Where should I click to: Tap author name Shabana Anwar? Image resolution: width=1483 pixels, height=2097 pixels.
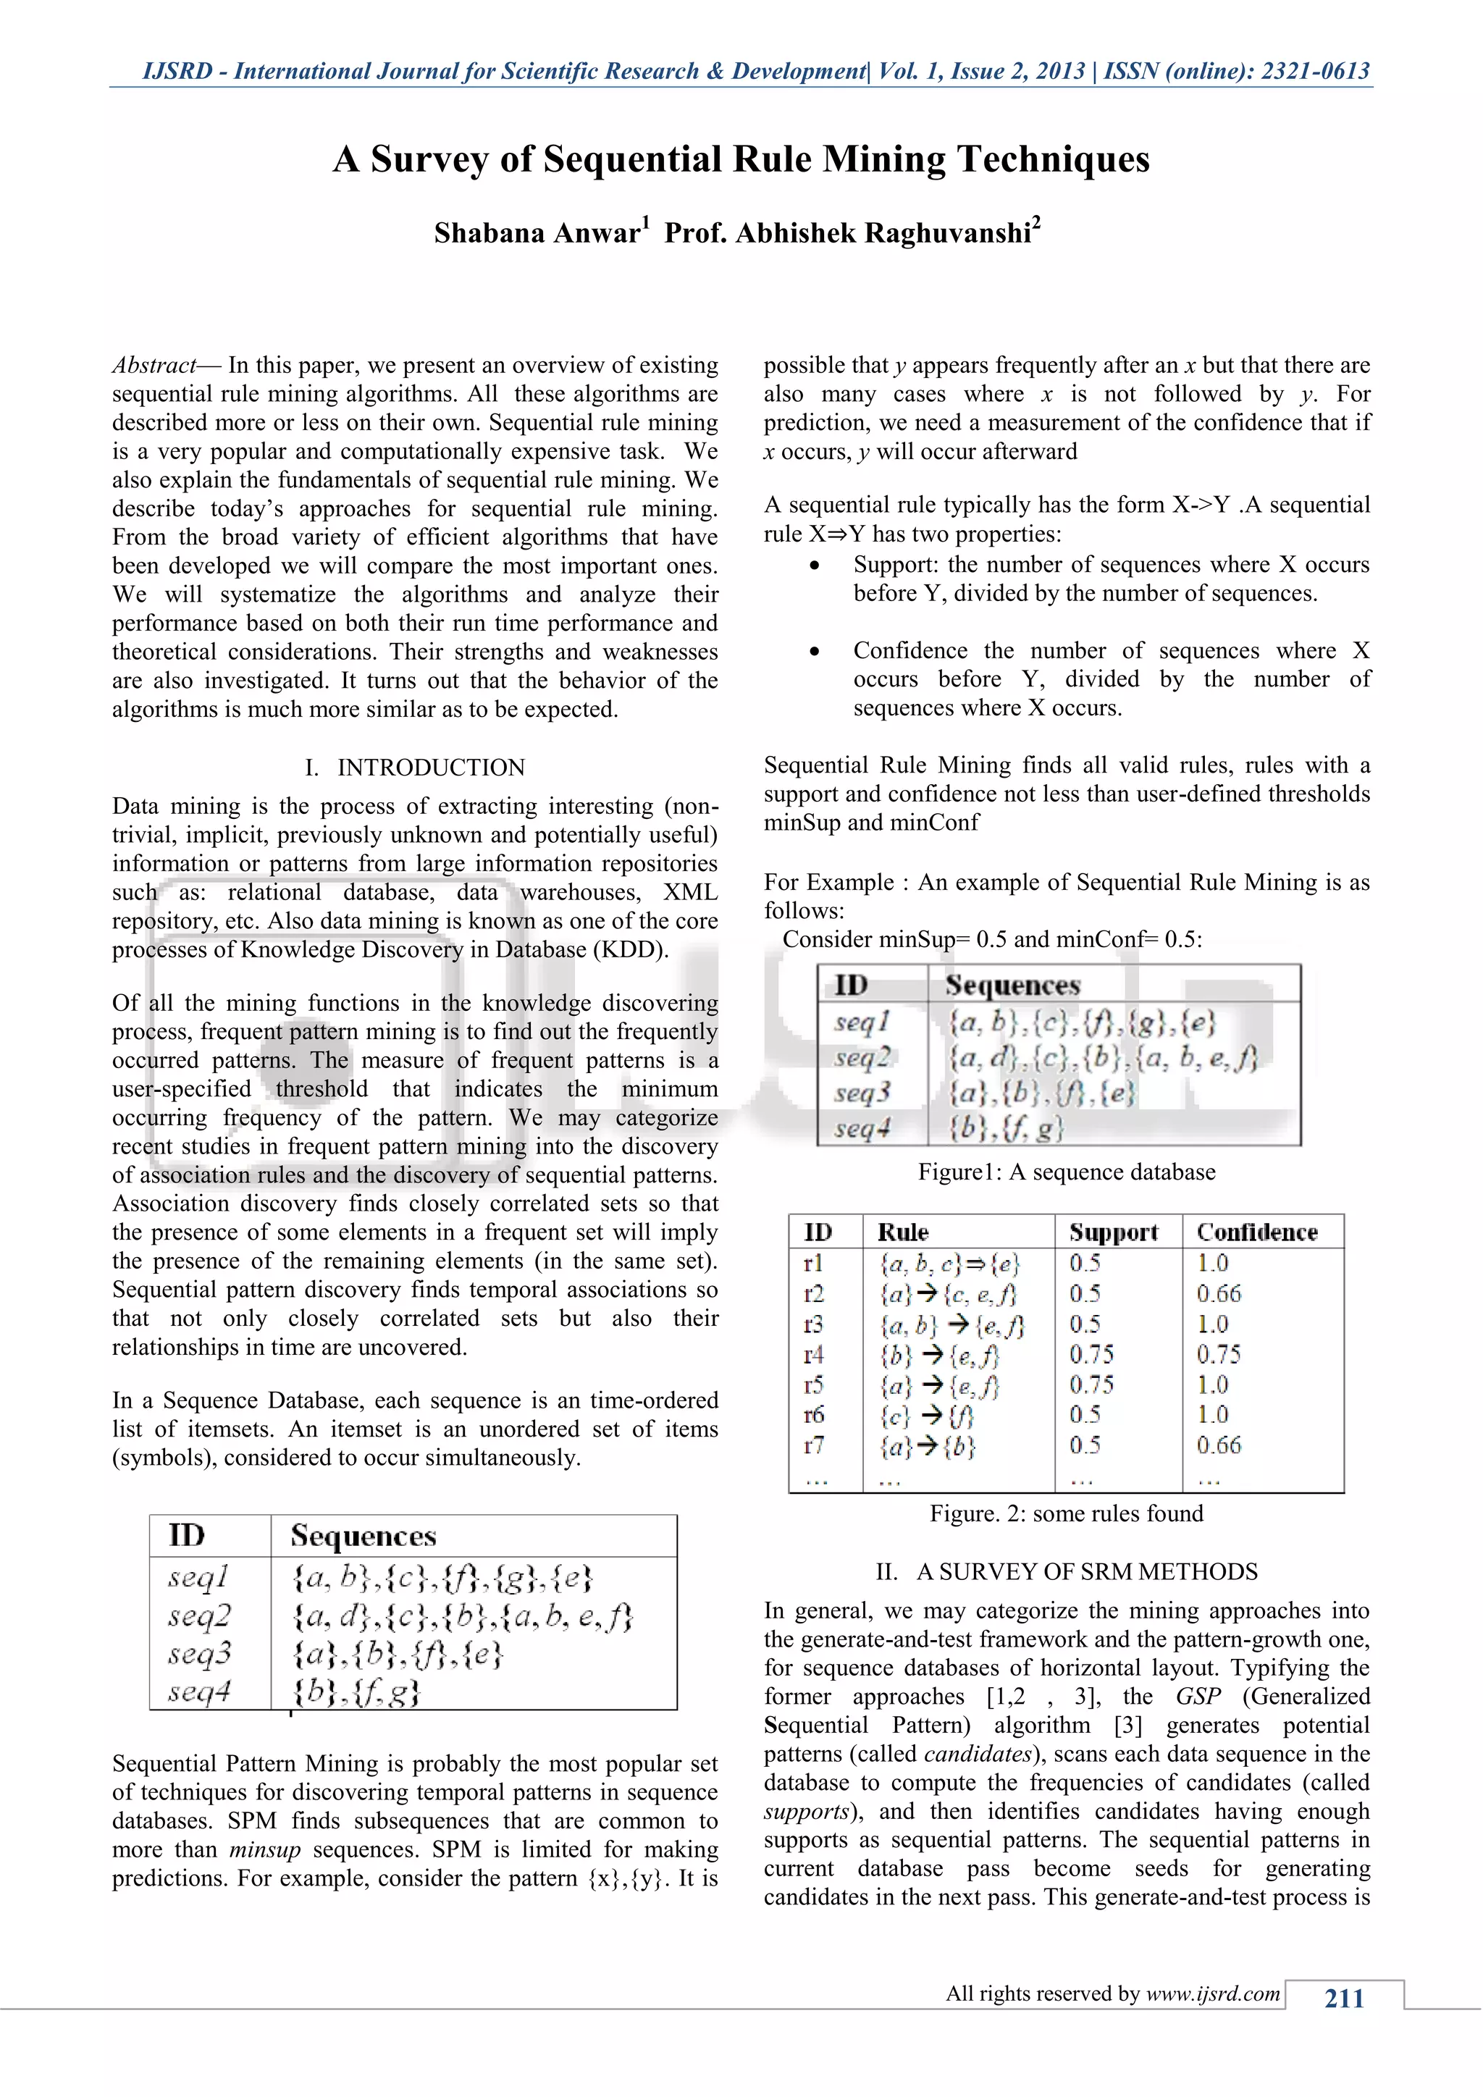point(537,233)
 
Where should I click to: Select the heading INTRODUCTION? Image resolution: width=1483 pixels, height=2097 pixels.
point(431,768)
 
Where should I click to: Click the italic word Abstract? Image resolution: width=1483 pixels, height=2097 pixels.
point(154,366)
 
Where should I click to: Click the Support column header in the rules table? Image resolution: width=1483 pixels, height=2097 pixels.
point(1113,1232)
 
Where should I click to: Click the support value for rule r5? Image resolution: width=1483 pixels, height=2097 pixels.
point(1091,1384)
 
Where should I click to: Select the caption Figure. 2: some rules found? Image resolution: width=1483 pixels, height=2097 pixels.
point(1066,1513)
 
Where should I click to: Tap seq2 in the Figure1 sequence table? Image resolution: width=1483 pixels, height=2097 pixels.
point(861,1058)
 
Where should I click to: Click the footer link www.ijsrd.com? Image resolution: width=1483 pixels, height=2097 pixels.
point(1213,1993)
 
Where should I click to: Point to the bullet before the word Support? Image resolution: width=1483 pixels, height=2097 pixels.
point(815,566)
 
